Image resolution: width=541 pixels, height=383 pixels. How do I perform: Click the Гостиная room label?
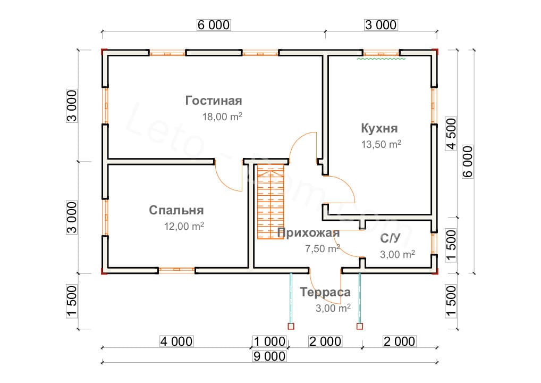(x=214, y=101)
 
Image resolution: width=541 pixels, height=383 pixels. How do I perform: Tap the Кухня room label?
(x=379, y=128)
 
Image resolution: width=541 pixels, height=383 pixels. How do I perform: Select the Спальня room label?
(x=176, y=210)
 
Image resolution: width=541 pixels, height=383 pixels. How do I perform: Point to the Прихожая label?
(x=308, y=233)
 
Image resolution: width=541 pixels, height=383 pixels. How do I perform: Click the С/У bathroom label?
(x=390, y=238)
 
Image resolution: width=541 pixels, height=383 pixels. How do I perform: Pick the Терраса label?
(x=325, y=292)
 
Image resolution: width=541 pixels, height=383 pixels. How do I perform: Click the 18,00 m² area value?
(x=222, y=116)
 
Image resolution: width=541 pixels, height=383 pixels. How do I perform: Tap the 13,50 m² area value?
(x=381, y=144)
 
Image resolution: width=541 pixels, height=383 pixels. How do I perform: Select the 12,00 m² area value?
(x=184, y=226)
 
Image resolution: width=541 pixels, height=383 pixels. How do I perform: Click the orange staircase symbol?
(x=270, y=202)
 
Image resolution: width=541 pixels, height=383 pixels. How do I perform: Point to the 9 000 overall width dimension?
(x=269, y=356)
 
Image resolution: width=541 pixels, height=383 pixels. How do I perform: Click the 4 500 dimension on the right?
(x=451, y=134)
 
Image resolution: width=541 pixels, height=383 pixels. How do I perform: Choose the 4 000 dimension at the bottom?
(x=176, y=342)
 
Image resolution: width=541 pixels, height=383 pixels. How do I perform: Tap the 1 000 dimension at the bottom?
(x=269, y=342)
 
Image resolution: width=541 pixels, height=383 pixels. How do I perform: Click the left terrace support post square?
(x=291, y=327)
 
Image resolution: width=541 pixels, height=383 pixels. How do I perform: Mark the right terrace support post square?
(x=360, y=327)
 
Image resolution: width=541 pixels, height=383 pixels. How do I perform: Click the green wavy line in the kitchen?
(x=381, y=59)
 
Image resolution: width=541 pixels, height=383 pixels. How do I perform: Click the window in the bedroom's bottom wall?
(x=176, y=270)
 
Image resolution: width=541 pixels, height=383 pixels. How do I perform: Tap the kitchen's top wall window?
(x=381, y=54)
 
